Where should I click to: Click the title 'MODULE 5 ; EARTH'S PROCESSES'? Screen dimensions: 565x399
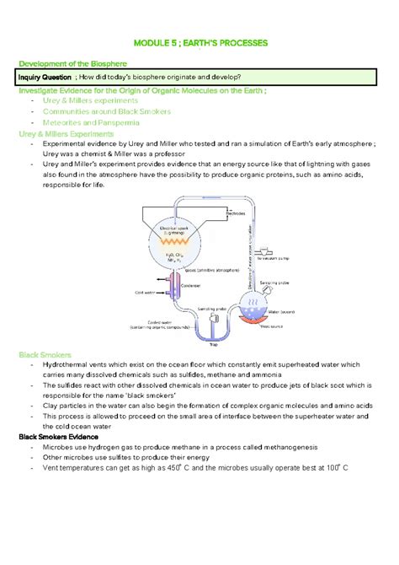(x=199, y=43)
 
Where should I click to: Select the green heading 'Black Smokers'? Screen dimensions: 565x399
(x=47, y=355)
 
